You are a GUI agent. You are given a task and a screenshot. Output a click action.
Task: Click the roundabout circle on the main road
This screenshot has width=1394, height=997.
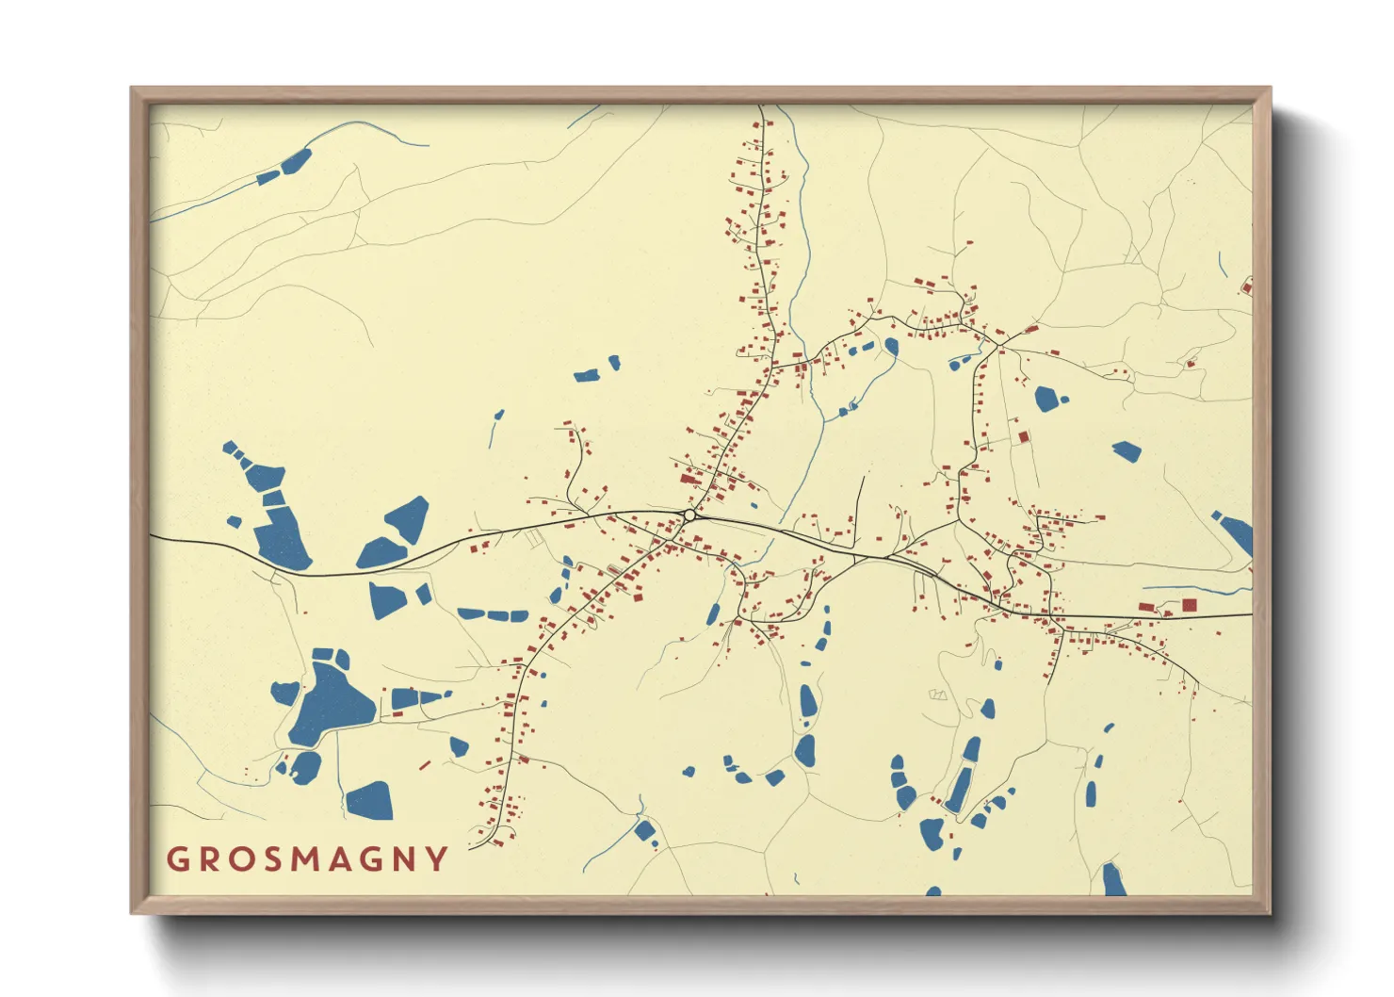tap(689, 515)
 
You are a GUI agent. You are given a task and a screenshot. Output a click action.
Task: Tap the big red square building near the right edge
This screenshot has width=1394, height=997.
tap(1190, 605)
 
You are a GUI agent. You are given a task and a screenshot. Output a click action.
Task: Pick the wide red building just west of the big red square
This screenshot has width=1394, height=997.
tap(1147, 608)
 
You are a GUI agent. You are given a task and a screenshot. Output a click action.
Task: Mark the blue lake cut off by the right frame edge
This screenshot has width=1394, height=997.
tap(1236, 532)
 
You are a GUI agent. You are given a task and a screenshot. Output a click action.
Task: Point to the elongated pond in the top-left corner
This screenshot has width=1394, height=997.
tap(296, 160)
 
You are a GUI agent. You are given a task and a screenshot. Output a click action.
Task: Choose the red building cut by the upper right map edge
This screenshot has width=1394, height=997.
tap(1248, 286)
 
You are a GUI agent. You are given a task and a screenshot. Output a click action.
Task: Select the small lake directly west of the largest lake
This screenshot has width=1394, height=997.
tap(285, 693)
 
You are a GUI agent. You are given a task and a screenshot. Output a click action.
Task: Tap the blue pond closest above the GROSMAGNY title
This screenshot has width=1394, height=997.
tap(369, 801)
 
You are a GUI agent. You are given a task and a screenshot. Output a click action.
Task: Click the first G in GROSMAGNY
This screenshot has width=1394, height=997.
tap(177, 859)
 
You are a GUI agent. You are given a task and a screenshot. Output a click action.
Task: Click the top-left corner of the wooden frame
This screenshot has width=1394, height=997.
tap(132, 89)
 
